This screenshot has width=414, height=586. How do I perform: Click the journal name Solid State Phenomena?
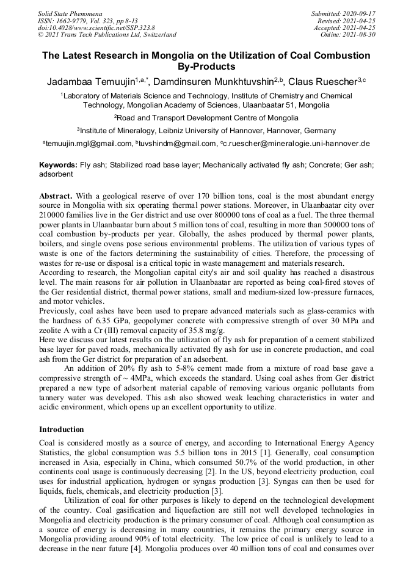coord(70,13)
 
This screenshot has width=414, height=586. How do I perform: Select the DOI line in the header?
coord(96,27)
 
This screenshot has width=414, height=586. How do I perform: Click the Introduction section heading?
coord(62,430)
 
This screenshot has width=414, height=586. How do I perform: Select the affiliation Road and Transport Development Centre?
coord(208,118)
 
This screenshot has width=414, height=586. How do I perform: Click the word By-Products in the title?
coord(206,66)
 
